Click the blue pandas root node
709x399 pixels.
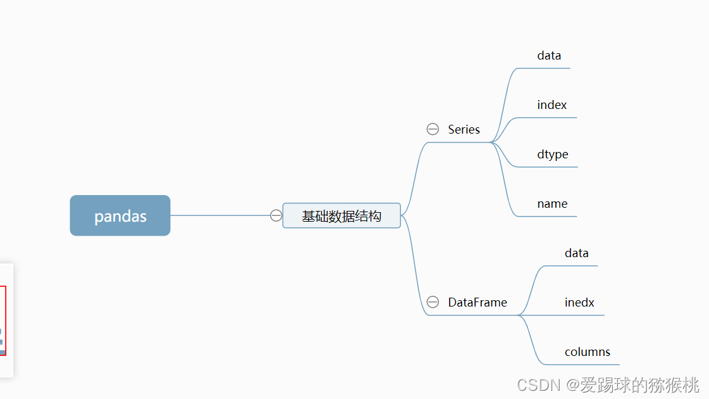120,215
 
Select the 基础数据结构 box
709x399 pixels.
342,216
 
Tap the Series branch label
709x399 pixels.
464,129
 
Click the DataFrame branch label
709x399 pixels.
478,302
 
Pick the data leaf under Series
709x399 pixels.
549,55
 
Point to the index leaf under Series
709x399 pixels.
552,104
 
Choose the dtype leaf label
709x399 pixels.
553,154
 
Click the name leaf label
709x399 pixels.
552,203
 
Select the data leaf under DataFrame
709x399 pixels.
576,253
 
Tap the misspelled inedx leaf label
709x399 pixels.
579,302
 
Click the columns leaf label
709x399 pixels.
588,351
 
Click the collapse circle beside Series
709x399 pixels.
433,129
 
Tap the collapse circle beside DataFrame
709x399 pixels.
433,302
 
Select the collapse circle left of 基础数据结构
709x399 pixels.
276,215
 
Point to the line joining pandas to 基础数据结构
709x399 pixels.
221,215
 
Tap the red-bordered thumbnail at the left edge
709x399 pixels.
3,320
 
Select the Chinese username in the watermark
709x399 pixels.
639,384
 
